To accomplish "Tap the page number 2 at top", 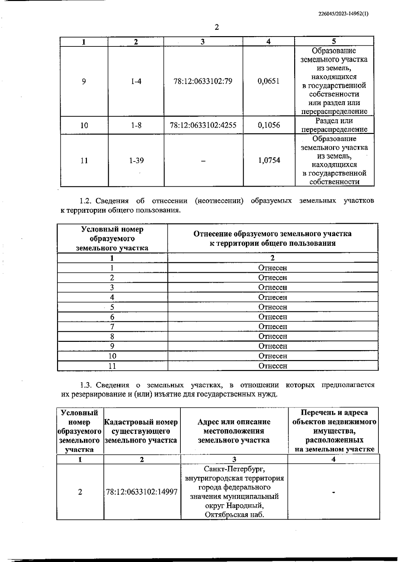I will (217, 27).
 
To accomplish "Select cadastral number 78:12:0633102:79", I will (203, 81).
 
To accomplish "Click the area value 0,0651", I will (269, 81).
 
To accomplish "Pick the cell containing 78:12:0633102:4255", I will (203, 125).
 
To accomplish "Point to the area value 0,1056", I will (269, 125).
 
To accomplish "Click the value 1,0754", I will (269, 160).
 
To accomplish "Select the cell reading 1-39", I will (136, 160).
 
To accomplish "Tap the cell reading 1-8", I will (136, 125).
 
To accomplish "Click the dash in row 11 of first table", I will (203, 161).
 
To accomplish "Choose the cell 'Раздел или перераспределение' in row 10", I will (334, 125).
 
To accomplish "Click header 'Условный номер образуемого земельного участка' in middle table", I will (112, 239).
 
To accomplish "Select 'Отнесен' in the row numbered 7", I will (273, 327).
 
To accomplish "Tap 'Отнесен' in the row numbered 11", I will (273, 366).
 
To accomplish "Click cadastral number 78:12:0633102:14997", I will (142, 492).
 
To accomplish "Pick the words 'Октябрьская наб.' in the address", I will (234, 515).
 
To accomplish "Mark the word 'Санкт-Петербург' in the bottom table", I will (234, 469).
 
